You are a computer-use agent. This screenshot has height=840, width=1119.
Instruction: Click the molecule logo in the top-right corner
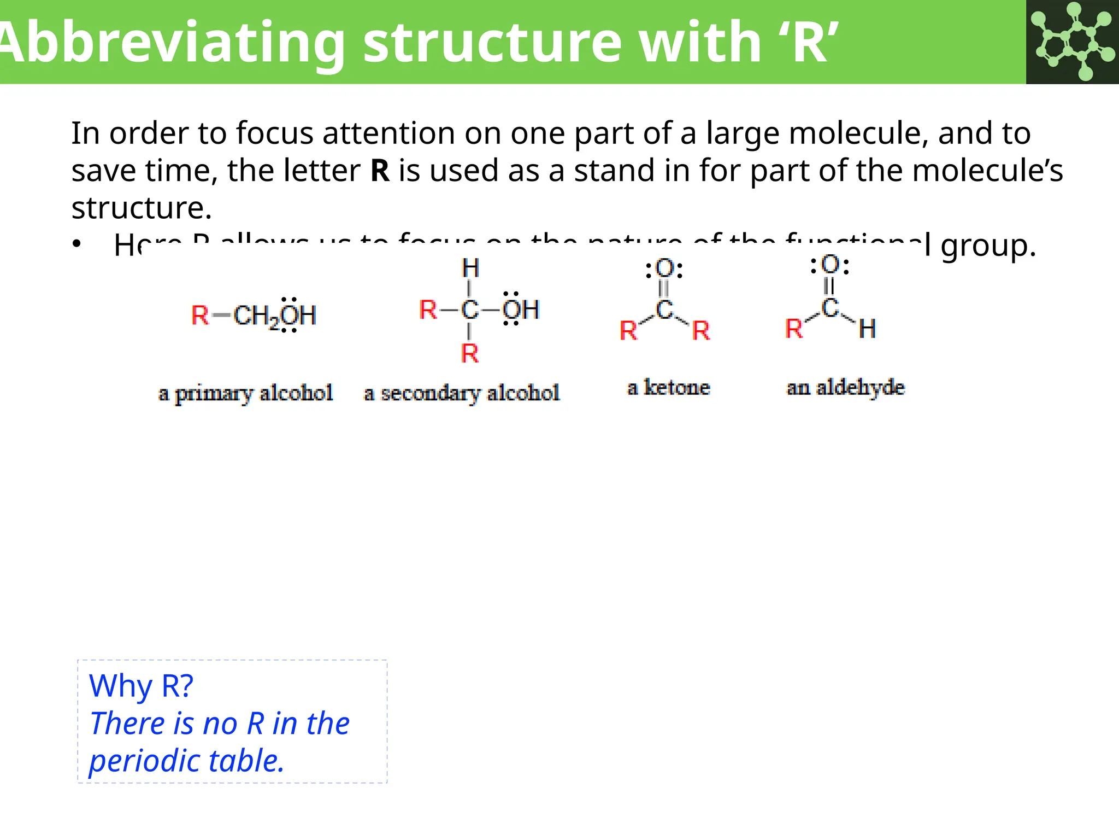pyautogui.click(x=1072, y=42)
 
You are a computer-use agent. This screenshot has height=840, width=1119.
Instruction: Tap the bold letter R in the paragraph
pyautogui.click(x=380, y=171)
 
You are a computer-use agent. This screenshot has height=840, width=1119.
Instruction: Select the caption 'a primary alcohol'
pyautogui.click(x=245, y=393)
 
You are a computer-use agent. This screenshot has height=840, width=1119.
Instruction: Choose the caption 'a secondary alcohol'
pyautogui.click(x=462, y=393)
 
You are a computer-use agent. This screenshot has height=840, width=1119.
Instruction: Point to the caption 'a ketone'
pyautogui.click(x=668, y=388)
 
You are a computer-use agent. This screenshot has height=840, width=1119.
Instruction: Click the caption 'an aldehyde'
pyautogui.click(x=845, y=388)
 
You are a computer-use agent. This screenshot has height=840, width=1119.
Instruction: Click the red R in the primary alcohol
pyautogui.click(x=200, y=316)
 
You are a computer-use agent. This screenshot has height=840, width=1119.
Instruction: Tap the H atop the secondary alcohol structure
pyautogui.click(x=470, y=269)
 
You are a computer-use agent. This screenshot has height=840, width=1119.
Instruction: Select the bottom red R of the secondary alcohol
pyautogui.click(x=470, y=354)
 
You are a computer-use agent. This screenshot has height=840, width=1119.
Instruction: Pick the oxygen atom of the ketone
pyautogui.click(x=664, y=269)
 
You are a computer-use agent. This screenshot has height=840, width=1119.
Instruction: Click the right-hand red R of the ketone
pyautogui.click(x=701, y=331)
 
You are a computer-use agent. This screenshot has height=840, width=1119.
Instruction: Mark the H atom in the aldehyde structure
pyautogui.click(x=867, y=329)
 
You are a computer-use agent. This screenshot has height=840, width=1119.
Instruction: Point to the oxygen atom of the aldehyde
pyautogui.click(x=830, y=265)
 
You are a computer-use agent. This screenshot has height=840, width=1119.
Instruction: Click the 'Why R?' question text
pyautogui.click(x=141, y=685)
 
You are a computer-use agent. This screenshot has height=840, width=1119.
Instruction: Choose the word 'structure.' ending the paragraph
pyautogui.click(x=142, y=208)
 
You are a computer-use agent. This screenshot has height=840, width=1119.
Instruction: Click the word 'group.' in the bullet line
pyautogui.click(x=988, y=246)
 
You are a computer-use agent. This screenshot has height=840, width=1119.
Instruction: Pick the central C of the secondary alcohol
pyautogui.click(x=470, y=310)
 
